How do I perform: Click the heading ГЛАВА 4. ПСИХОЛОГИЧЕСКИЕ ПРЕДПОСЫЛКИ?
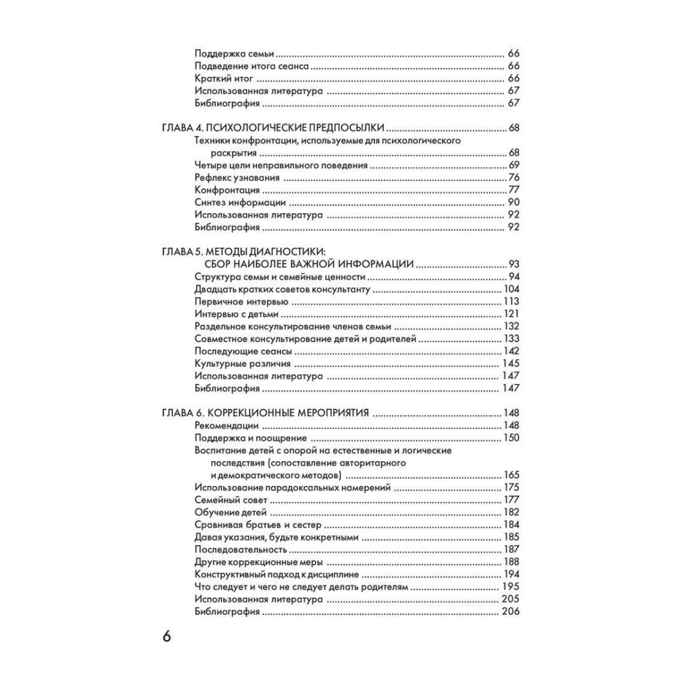[272, 128]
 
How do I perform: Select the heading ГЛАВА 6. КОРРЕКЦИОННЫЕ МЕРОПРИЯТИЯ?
[266, 413]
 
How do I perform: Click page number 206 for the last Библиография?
[511, 611]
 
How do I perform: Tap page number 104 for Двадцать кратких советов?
[511, 290]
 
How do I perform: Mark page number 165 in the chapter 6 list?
[511, 475]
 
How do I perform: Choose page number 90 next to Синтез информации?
[514, 203]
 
